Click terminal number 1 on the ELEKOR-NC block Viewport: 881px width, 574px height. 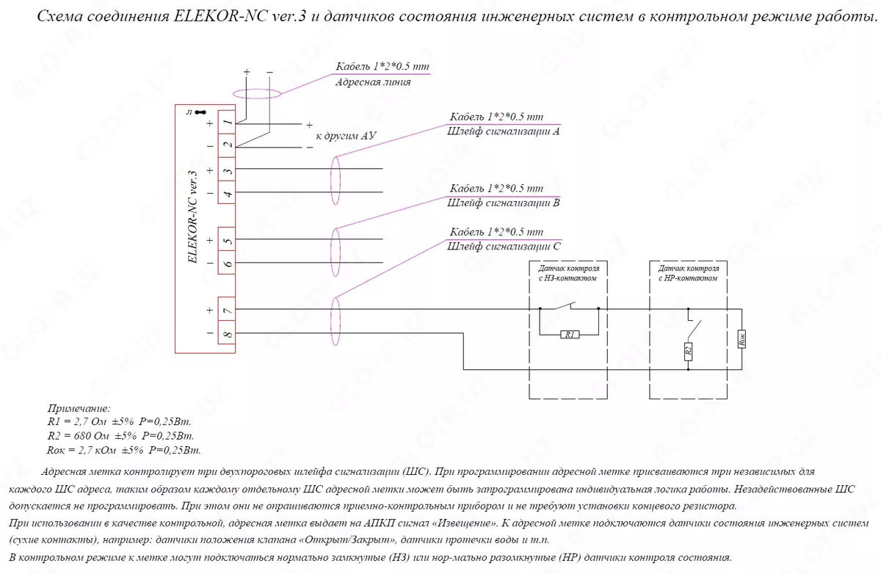(228, 123)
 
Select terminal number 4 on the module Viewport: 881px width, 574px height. (228, 194)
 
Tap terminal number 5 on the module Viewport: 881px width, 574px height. (228, 240)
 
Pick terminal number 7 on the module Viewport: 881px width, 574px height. (228, 310)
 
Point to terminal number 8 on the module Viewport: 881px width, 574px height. (228, 335)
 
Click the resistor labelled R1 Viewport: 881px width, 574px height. (570, 335)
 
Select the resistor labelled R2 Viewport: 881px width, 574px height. (688, 350)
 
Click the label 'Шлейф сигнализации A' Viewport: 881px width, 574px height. (503, 131)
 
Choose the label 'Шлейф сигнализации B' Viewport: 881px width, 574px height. (503, 202)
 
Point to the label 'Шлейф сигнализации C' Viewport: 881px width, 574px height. (503, 246)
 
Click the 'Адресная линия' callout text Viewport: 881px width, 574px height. (372, 82)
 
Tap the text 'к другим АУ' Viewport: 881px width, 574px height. (346, 137)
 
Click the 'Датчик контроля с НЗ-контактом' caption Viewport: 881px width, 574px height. (568, 274)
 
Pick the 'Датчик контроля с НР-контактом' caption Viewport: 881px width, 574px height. (688, 274)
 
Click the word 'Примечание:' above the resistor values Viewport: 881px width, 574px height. (79, 408)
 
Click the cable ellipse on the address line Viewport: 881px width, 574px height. (257, 94)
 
